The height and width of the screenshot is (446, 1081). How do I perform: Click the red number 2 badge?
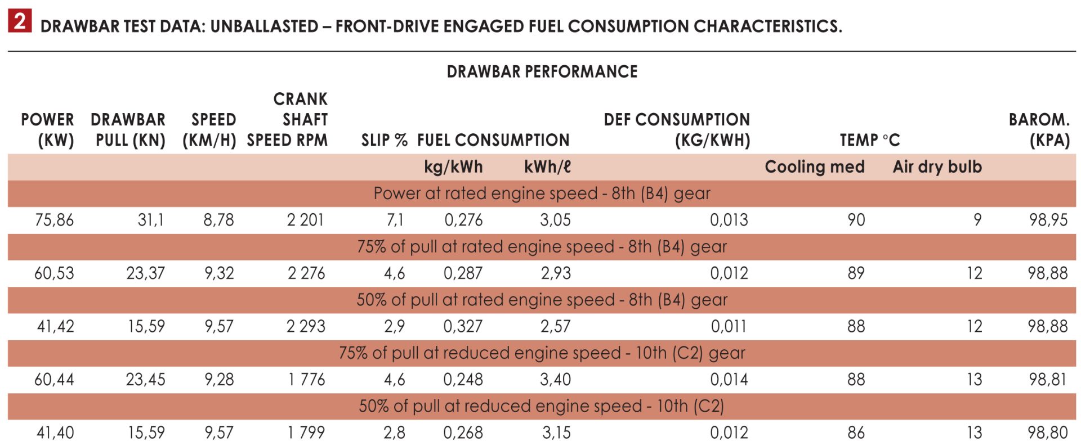[x=20, y=21]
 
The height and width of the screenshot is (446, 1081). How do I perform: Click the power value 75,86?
[x=55, y=220]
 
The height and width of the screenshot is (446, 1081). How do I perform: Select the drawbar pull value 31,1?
[x=151, y=220]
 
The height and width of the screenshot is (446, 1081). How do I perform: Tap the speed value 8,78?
[x=218, y=220]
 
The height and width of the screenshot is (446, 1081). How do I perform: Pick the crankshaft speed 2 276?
[x=306, y=273]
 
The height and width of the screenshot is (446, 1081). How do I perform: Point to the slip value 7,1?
[x=395, y=220]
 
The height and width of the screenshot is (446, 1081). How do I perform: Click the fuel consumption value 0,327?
[x=463, y=326]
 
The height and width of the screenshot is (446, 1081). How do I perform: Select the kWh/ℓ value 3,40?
[x=555, y=380]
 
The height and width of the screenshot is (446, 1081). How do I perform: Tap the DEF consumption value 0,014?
[x=729, y=380]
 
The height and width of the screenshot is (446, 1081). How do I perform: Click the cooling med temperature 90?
[x=856, y=220]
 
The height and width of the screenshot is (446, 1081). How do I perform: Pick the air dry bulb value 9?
[x=977, y=220]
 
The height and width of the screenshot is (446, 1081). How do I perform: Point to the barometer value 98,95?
[x=1048, y=220]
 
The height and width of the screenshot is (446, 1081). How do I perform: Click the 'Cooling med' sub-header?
[x=814, y=167]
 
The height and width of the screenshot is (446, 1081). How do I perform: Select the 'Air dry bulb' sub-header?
[x=937, y=167]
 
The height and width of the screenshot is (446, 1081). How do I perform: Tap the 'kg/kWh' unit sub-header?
[x=453, y=167]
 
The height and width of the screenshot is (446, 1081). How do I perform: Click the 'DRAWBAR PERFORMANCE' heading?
[x=542, y=72]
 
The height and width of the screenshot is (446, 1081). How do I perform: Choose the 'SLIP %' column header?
[x=384, y=140]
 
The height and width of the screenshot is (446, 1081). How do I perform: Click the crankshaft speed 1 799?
[x=306, y=433]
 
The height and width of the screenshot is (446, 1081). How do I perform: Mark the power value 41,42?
[x=55, y=326]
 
